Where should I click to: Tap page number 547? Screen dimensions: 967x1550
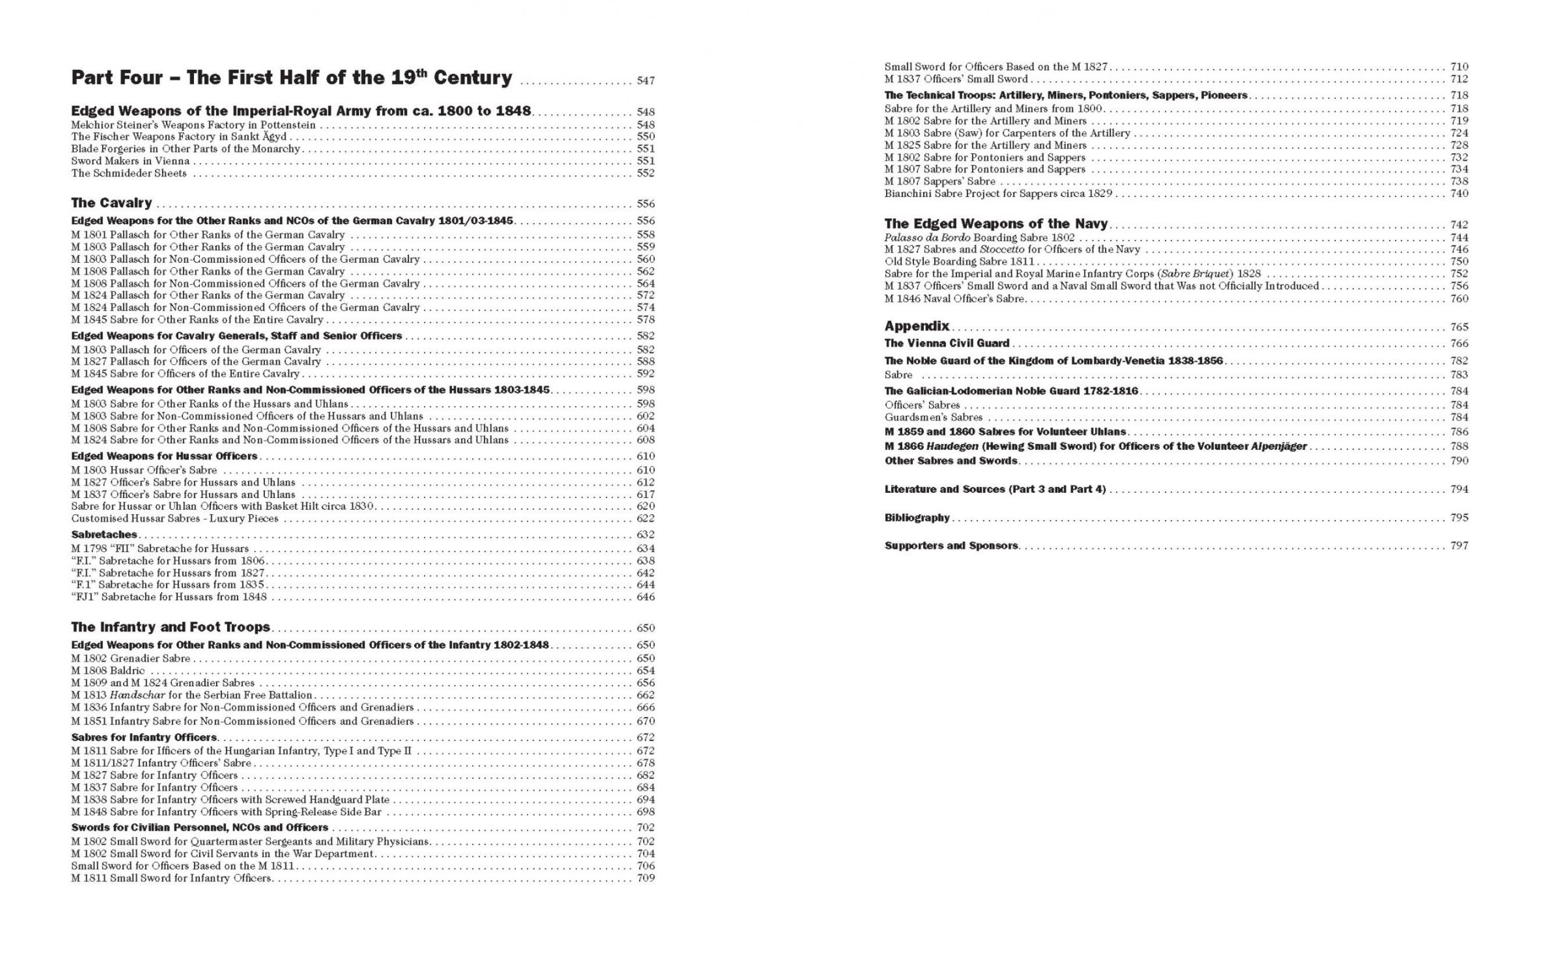(x=645, y=81)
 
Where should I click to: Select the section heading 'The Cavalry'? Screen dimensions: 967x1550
(x=111, y=203)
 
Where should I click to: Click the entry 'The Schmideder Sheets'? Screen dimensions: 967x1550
(x=129, y=174)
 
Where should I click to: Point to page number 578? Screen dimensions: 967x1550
(x=645, y=320)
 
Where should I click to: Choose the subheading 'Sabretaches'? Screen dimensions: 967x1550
(x=104, y=535)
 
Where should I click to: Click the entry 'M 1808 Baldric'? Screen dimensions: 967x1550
(x=108, y=671)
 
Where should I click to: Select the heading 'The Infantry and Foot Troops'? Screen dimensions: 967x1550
(x=171, y=627)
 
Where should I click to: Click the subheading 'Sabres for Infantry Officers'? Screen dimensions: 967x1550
(x=144, y=737)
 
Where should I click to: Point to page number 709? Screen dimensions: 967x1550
(x=645, y=878)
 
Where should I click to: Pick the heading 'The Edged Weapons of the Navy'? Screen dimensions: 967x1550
(x=995, y=224)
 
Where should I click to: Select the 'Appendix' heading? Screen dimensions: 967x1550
(x=916, y=326)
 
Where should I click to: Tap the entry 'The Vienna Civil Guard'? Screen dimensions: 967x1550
(x=947, y=344)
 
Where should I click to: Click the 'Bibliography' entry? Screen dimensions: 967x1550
(x=917, y=518)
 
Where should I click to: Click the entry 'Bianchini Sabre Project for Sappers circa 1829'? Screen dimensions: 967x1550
(x=998, y=194)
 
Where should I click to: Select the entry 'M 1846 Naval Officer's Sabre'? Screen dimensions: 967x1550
(x=954, y=299)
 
